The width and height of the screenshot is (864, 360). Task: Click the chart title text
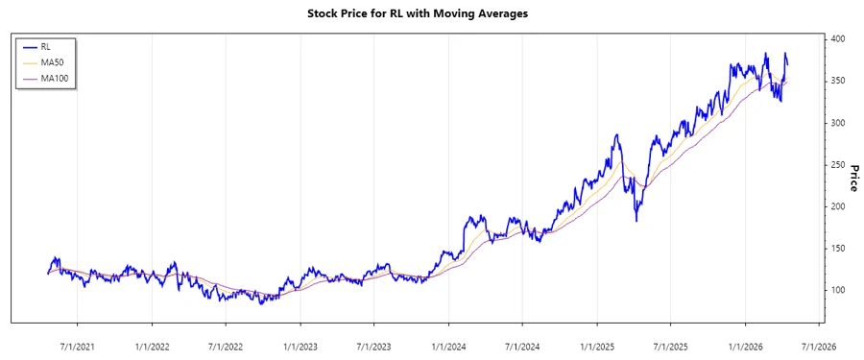pyautogui.click(x=431, y=13)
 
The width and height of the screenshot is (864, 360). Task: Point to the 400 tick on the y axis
pyautogui.click(x=839, y=39)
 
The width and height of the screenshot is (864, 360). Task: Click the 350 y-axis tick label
pyautogui.click(x=839, y=82)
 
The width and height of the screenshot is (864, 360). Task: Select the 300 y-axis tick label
pyautogui.click(x=839, y=123)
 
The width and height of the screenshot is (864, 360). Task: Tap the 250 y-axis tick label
pyautogui.click(x=839, y=165)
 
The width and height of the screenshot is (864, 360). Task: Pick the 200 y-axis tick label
pyautogui.click(x=839, y=206)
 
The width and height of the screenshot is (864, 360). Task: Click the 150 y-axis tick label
pyautogui.click(x=839, y=249)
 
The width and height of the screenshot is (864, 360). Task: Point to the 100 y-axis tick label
pyautogui.click(x=839, y=291)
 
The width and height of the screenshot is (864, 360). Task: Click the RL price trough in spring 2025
pyautogui.click(x=636, y=221)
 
